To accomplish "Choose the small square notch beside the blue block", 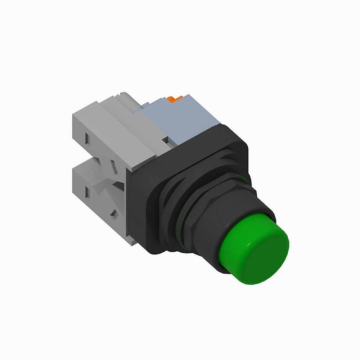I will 165,138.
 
